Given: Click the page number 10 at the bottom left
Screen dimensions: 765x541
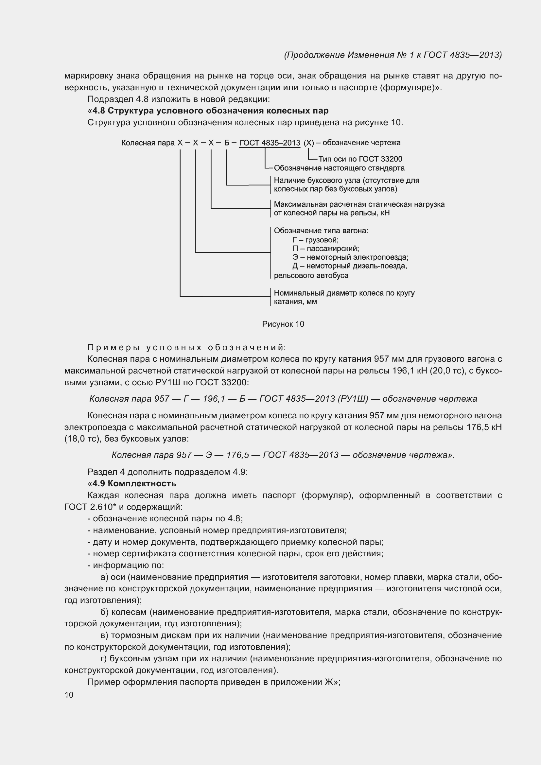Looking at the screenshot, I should coord(69,695).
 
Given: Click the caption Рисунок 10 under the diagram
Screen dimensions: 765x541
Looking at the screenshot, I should coord(283,324).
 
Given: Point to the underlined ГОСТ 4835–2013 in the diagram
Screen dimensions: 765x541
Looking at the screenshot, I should coord(270,143).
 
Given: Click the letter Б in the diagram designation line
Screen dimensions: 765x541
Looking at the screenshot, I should coord(227,143).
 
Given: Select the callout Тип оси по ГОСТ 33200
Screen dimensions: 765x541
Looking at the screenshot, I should coord(360,159).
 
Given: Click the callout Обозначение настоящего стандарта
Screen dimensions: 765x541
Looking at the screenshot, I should coord(339,168).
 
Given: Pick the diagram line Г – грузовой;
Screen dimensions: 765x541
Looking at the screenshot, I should coord(315,240).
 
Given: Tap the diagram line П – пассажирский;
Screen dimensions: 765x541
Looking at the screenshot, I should coord(325,249).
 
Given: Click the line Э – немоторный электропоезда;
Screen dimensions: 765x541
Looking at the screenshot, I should coord(350,257).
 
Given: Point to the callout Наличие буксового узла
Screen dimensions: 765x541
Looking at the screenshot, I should coord(346,181).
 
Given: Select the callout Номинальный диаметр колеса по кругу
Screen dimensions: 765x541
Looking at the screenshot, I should coord(344,293).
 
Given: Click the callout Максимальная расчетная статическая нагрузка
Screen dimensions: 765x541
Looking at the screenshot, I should coord(359,204).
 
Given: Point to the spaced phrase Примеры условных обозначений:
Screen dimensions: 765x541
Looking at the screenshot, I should coord(186,348).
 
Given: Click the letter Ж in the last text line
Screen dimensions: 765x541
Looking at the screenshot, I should coord(328,682).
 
